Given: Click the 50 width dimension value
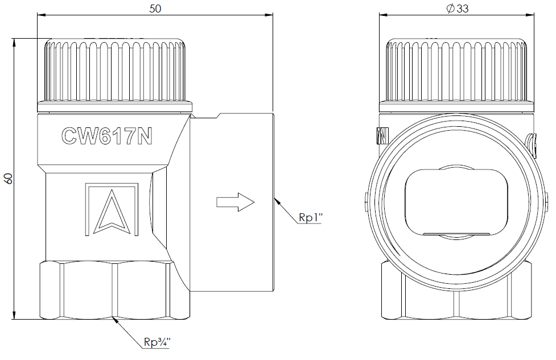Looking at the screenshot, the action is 155,9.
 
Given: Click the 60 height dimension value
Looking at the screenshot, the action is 9,178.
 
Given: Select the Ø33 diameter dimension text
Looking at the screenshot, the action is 458,9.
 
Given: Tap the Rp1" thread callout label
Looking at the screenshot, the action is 310,217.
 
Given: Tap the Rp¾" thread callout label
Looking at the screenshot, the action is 157,342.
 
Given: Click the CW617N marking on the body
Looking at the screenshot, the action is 107,136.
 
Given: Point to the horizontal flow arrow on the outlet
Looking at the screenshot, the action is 236,202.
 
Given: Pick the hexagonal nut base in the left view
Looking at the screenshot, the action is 115,290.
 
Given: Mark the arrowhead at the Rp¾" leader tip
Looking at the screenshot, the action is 116,320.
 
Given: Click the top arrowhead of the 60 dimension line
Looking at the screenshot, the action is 15,42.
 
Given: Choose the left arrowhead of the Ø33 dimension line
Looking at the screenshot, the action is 384,15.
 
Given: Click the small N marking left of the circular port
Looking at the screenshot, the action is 382,136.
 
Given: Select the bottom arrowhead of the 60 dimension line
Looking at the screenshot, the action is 15,315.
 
